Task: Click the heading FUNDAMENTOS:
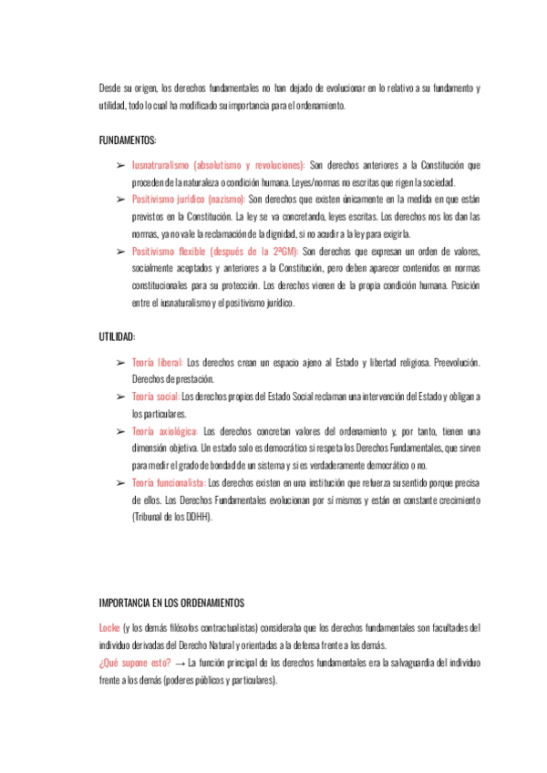[x=128, y=140]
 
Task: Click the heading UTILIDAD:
[x=117, y=337]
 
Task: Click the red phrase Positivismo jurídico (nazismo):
[x=189, y=198]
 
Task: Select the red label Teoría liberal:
[x=158, y=362]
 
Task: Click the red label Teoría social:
[x=156, y=396]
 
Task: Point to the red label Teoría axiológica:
[x=165, y=430]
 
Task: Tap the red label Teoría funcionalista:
[x=169, y=482]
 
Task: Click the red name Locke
[x=109, y=628]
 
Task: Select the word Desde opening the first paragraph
[x=110, y=88]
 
